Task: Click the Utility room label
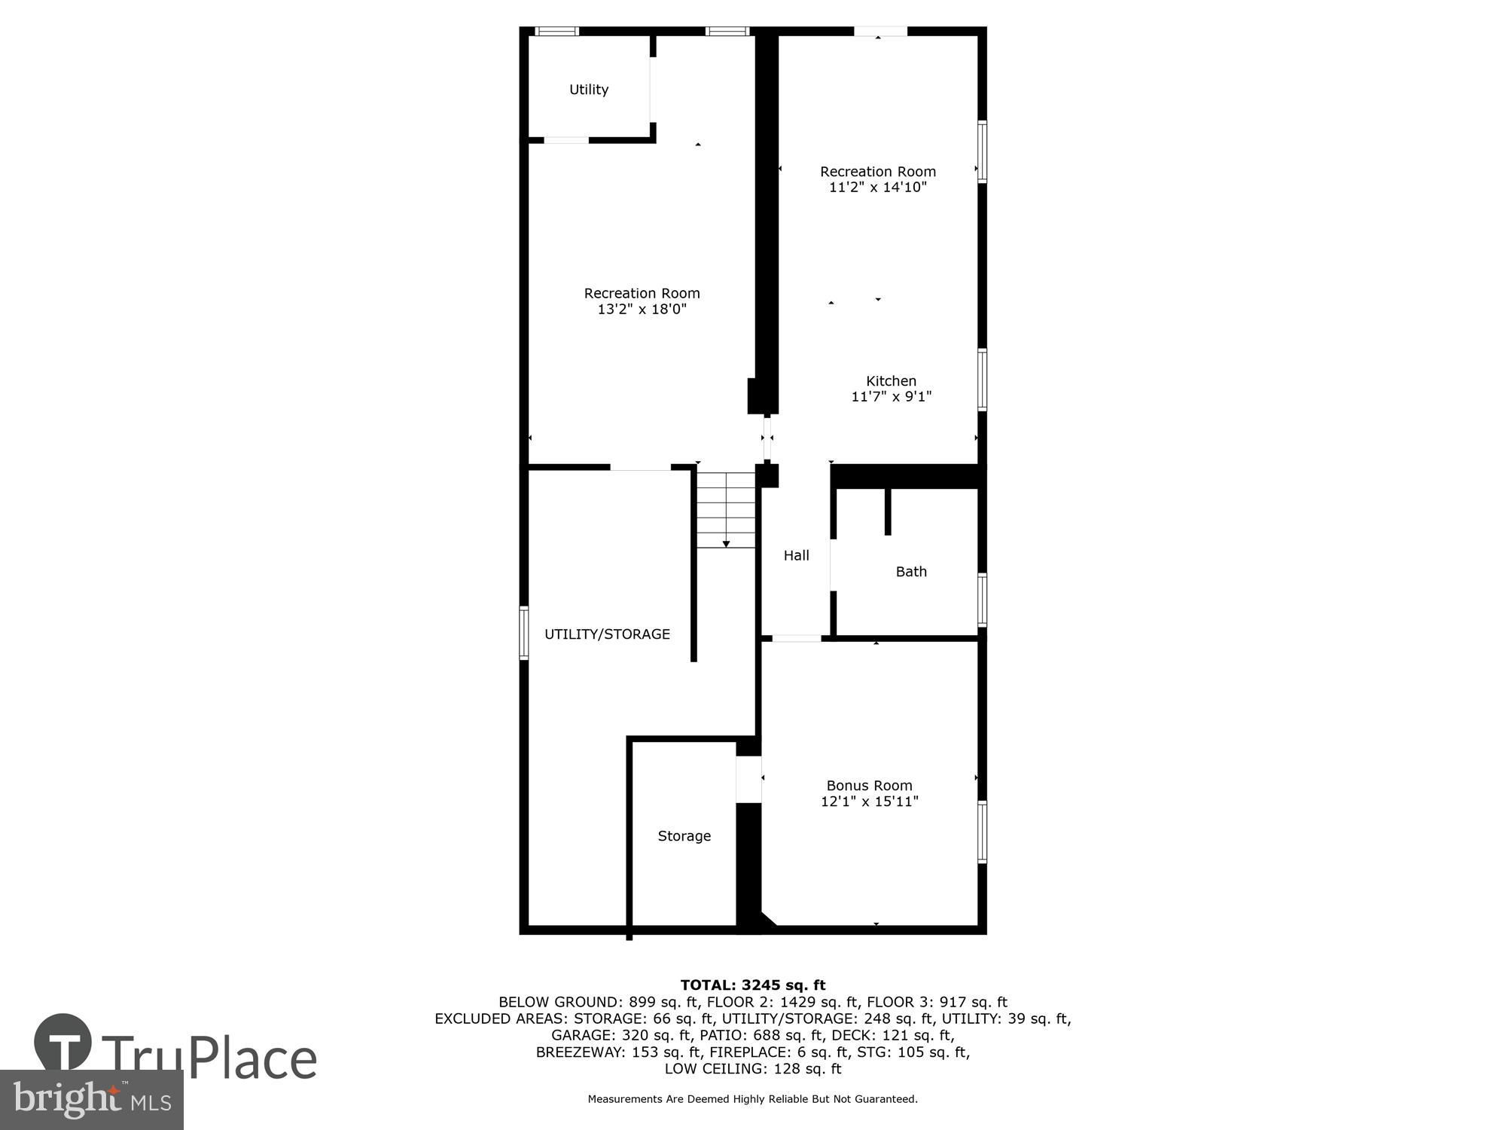tap(588, 90)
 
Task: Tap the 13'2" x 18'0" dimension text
tap(642, 310)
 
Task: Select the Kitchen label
tap(891, 381)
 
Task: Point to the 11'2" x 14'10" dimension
tap(877, 188)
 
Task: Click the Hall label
tap(796, 555)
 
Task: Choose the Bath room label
tap(910, 572)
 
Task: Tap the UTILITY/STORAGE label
tap(607, 634)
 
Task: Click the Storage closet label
tap(684, 836)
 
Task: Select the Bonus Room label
tap(869, 786)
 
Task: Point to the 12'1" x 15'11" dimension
tap(869, 802)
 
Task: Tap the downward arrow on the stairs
tap(726, 543)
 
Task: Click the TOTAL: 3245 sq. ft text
tap(752, 985)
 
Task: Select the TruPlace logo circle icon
tap(63, 1043)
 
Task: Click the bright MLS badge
tap(91, 1100)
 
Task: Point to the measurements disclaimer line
tap(752, 1099)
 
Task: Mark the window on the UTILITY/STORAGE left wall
tap(524, 633)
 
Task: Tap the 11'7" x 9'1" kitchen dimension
tap(891, 397)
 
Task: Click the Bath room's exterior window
tap(982, 600)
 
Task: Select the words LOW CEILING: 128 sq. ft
tap(752, 1069)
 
